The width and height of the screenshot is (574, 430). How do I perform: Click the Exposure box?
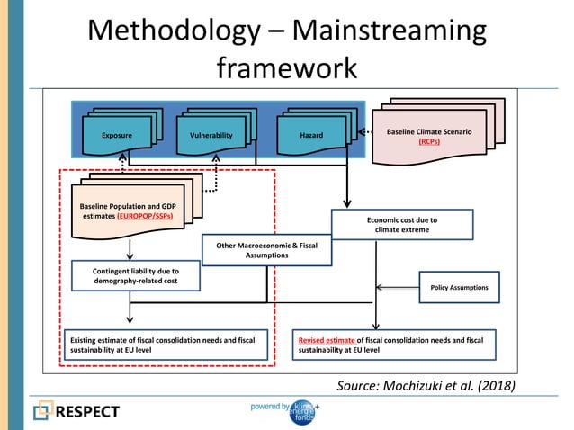[x=117, y=135]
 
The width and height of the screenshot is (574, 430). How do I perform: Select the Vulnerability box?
[x=211, y=135]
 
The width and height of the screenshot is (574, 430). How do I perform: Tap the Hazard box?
[x=311, y=135]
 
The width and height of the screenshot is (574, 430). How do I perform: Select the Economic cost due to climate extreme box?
[x=402, y=224]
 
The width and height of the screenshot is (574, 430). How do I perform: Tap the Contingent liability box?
[x=136, y=275]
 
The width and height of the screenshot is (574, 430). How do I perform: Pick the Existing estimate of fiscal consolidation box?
[x=168, y=346]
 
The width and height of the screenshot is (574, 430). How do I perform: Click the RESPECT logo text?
[x=88, y=411]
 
